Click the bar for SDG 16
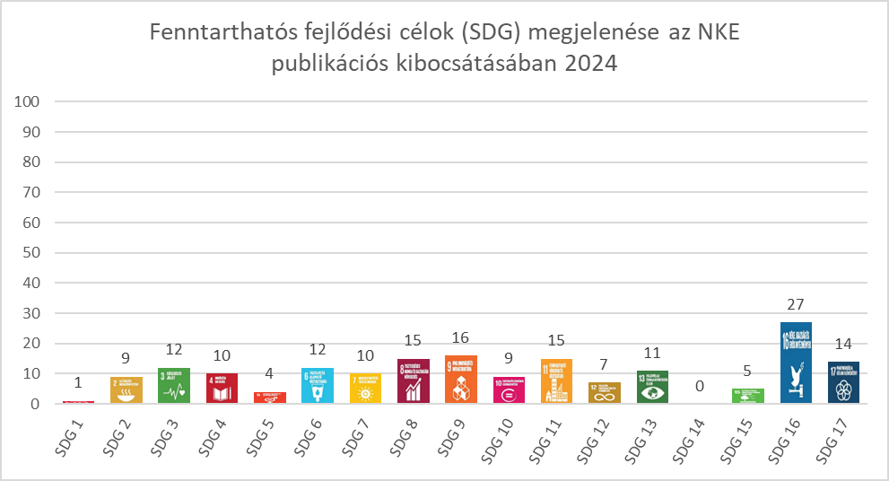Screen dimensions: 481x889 (x=796, y=363)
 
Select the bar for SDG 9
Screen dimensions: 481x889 (x=461, y=380)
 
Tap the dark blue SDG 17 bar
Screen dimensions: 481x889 (x=843, y=382)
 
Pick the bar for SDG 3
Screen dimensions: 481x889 (x=174, y=386)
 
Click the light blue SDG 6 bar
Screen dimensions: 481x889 (x=318, y=386)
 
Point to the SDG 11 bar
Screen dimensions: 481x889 (x=556, y=381)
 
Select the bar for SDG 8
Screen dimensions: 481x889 (x=413, y=381)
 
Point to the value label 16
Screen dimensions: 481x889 (x=461, y=338)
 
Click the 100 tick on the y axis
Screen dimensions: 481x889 (x=29, y=101)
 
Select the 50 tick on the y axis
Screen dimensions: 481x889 (x=32, y=252)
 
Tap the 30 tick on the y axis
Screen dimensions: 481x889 (x=32, y=313)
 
